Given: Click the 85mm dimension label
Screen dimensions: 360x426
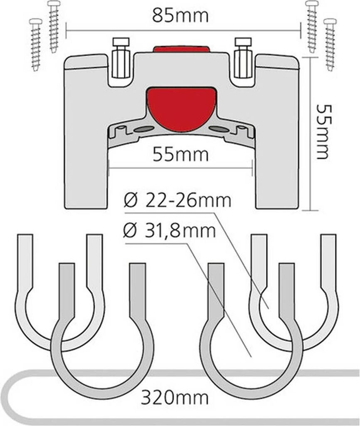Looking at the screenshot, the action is click(180, 17).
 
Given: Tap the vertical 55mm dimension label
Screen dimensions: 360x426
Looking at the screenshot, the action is click(323, 131).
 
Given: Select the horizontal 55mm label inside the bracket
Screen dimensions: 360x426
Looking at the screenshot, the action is click(180, 155).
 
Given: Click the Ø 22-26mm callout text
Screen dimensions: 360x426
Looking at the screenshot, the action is click(178, 201).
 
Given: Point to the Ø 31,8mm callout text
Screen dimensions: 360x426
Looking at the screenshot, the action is click(170, 230).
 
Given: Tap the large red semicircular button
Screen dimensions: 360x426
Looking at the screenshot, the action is click(181, 109).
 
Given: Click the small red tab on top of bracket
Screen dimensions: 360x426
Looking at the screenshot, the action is click(181, 49).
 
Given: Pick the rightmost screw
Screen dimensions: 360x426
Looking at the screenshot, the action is click(330, 44).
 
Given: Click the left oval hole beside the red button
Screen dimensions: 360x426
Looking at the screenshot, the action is click(143, 129).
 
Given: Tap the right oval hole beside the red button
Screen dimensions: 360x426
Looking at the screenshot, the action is click(219, 129).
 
